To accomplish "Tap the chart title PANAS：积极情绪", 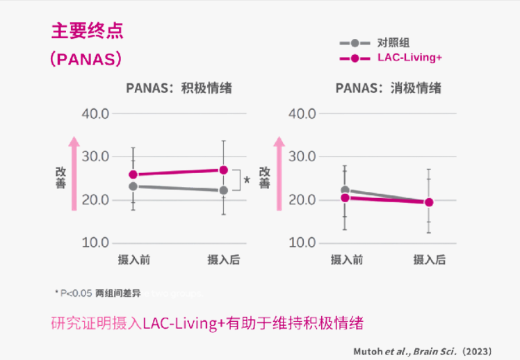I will (x=179, y=88).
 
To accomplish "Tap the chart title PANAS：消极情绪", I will (x=388, y=88).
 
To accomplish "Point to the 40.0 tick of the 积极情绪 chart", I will (x=96, y=114).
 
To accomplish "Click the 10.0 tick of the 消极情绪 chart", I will (x=302, y=243).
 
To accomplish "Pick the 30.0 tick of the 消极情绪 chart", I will (x=302, y=156).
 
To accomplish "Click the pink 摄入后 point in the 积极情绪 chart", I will (x=223, y=170).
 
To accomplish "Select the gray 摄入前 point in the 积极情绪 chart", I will (x=133, y=186).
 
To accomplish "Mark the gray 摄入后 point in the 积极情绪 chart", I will (x=223, y=190).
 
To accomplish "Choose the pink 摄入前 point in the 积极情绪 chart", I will (x=133, y=174).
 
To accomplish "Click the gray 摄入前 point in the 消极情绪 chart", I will (x=345, y=190).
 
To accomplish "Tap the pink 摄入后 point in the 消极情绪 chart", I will (x=429, y=202).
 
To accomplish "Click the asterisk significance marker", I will (x=247, y=181).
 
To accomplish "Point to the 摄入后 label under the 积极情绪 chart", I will (x=223, y=260).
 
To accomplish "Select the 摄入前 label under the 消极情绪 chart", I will (x=346, y=260).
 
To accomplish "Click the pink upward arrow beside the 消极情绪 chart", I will (x=279, y=173).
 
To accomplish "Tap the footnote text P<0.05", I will (x=72, y=293).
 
